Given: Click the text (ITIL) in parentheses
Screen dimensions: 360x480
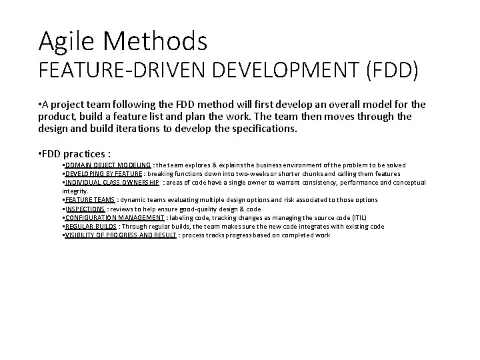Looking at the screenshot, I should coord(377,217).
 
